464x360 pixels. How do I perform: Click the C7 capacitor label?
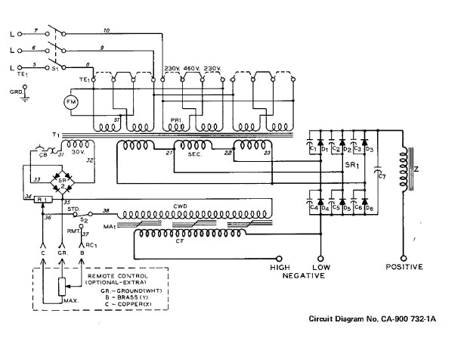pyautogui.click(x=382, y=176)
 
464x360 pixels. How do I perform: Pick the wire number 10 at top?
pyautogui.click(x=106, y=29)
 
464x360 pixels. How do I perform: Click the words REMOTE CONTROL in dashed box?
pyautogui.click(x=125, y=277)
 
